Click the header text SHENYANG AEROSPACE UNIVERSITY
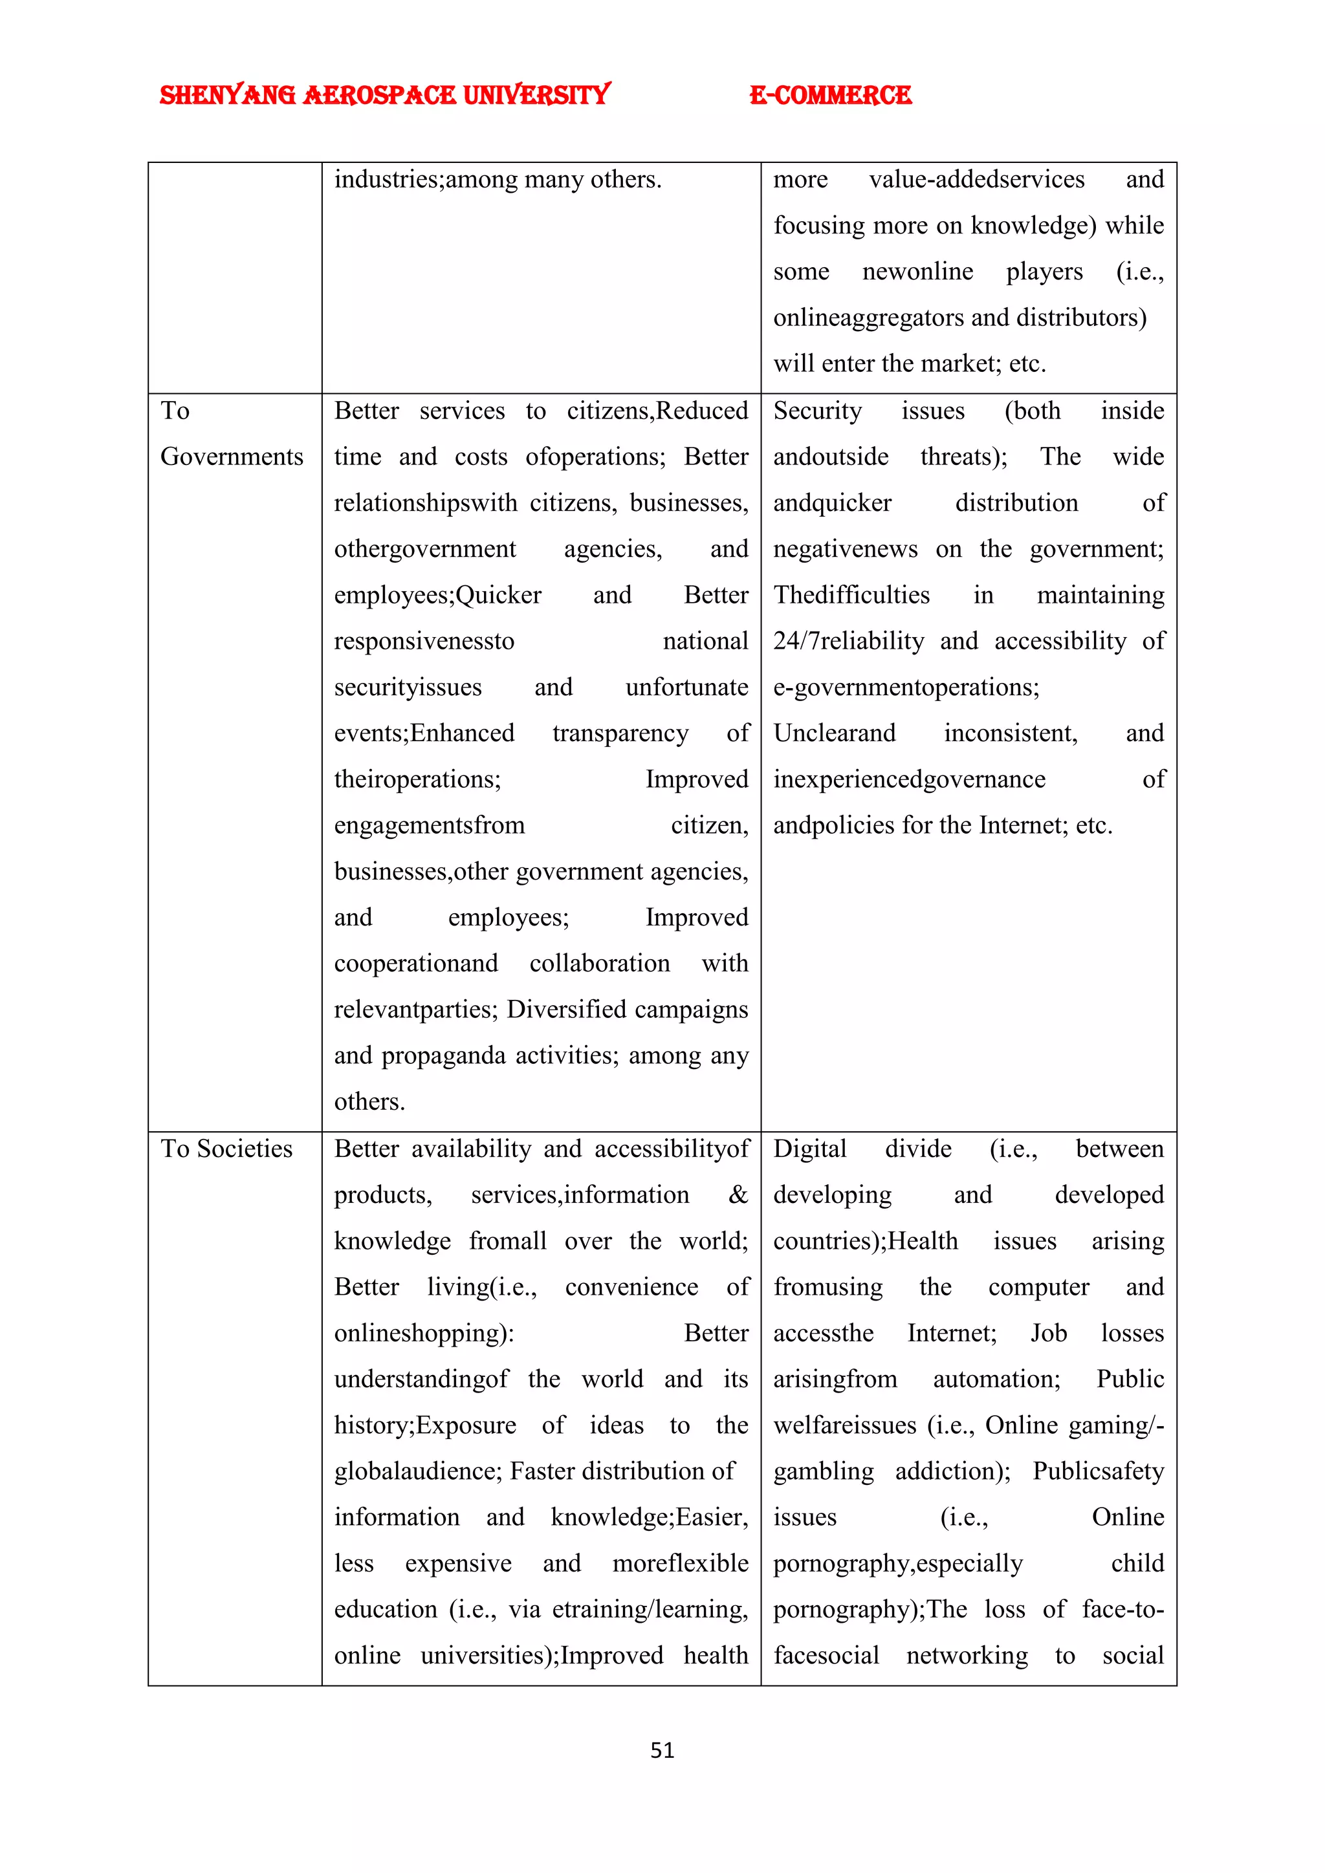pos(384,96)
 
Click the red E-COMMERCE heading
pos(830,96)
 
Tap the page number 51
pos(662,1750)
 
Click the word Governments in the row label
pos(232,457)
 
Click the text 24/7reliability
pos(849,641)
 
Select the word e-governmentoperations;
pos(906,687)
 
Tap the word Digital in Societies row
pos(809,1149)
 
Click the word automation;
pos(996,1380)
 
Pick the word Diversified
pos(563,1010)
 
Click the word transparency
pos(620,733)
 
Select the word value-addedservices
pos(977,179)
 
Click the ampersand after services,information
pos(738,1195)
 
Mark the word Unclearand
pos(834,733)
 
